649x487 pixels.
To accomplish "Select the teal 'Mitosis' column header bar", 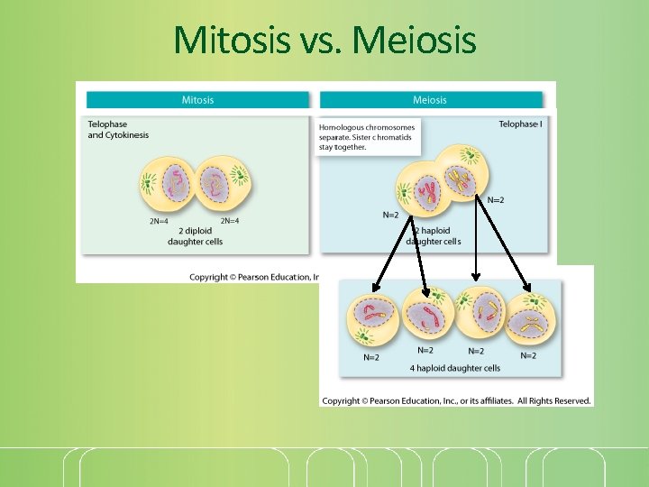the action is (197, 99).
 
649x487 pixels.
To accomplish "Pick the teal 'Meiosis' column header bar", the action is (430, 99).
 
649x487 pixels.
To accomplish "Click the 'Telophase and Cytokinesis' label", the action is (118, 129).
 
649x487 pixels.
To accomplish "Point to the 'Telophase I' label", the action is (519, 124).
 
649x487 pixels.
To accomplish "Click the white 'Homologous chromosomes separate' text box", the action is (367, 137).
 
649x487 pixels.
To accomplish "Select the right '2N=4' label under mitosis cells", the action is (230, 220).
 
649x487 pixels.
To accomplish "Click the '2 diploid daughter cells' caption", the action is (196, 235).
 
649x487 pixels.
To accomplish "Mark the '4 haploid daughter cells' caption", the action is (455, 368).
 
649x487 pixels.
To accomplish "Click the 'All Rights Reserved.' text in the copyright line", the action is (553, 400).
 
